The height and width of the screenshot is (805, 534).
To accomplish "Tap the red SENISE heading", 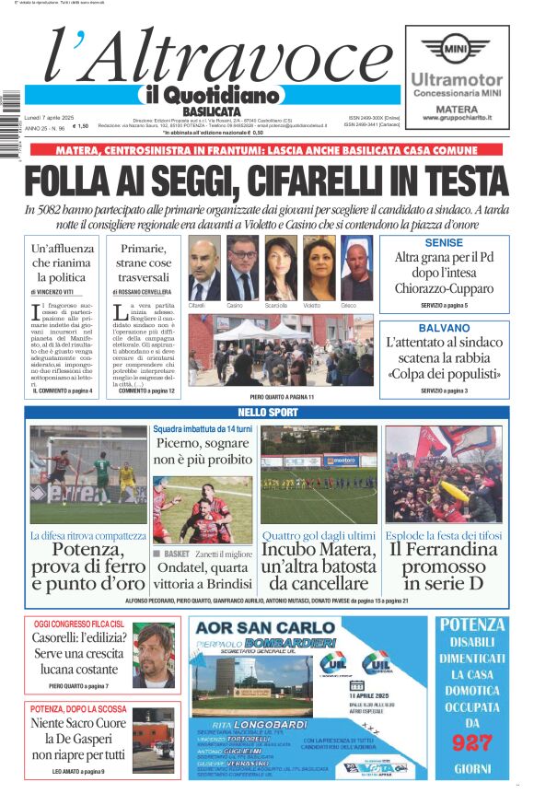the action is pos(444,243).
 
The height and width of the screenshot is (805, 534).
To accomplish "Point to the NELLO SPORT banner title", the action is pos(267,413).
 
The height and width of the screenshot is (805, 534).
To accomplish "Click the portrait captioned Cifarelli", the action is pos(203,268).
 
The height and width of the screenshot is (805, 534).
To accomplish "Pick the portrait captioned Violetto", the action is pos(319,268).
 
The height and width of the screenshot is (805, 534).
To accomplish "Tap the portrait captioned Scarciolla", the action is pos(279,268).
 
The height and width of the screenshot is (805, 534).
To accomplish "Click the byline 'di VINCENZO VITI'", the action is pos(62,291).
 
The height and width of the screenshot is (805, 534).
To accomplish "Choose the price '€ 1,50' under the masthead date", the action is pos(81,127).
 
